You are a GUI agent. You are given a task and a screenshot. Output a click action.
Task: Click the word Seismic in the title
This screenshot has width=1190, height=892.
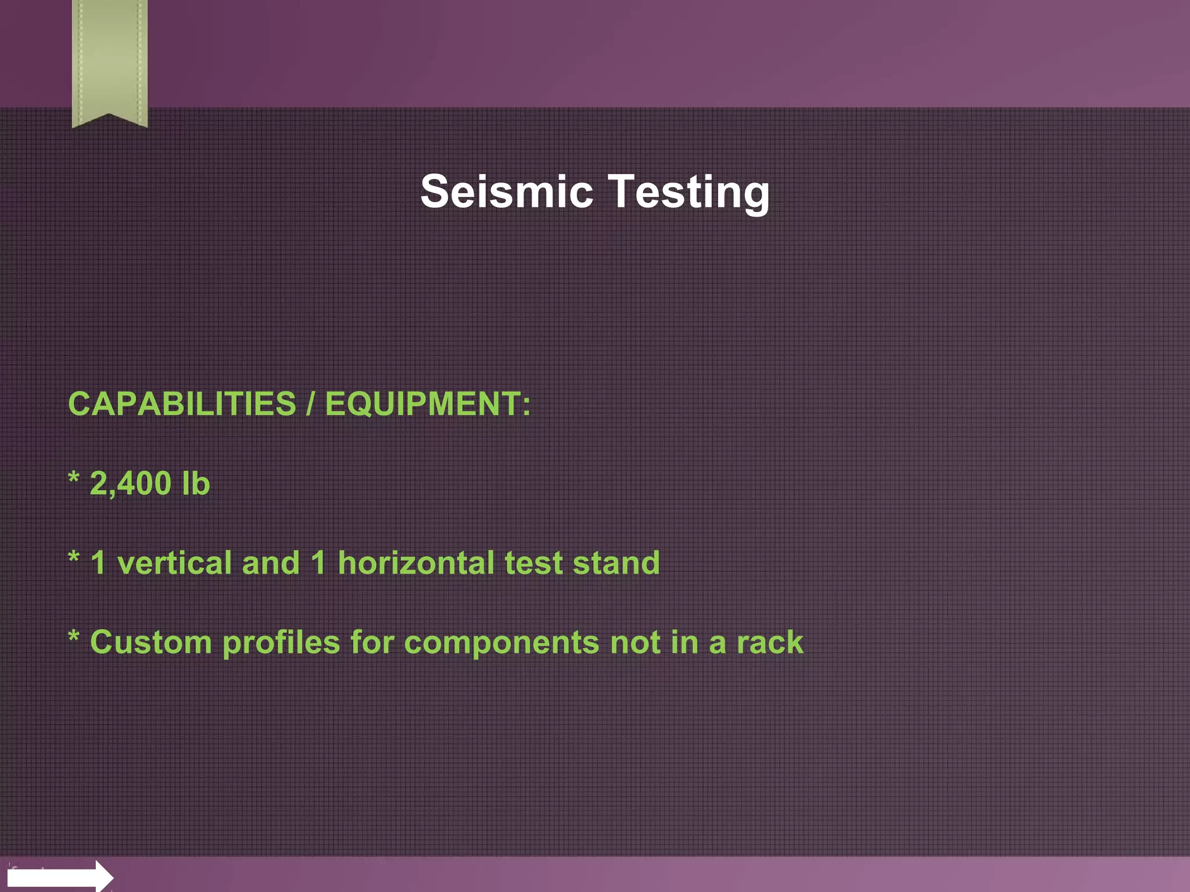point(506,192)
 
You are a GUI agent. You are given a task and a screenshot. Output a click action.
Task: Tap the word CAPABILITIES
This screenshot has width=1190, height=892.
point(182,404)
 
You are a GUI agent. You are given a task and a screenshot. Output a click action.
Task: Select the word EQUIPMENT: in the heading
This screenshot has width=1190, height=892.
point(428,404)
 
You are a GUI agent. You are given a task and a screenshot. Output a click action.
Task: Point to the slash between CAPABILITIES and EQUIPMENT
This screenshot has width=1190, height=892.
point(310,404)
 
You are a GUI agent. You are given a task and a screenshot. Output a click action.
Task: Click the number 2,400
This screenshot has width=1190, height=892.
point(130,484)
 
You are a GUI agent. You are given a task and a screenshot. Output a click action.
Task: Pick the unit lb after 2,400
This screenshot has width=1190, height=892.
point(195,483)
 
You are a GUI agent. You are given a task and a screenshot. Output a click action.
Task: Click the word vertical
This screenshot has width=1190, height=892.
point(174,563)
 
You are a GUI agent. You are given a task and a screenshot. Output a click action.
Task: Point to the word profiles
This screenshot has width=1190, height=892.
point(281,643)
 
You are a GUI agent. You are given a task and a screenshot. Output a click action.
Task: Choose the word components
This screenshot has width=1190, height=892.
point(501,643)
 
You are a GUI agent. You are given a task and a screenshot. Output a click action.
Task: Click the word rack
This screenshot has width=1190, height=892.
point(770,642)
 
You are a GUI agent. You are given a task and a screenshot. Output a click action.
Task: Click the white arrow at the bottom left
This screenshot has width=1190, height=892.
point(58,876)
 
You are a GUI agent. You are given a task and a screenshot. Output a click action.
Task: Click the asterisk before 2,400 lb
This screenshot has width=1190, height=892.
point(74,480)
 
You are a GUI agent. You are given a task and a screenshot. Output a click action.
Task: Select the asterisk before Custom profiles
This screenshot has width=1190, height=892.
point(74,638)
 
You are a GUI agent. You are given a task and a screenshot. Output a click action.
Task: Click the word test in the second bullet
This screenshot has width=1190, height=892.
point(533,563)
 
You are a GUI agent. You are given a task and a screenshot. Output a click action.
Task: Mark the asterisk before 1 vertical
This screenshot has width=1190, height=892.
point(74,559)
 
